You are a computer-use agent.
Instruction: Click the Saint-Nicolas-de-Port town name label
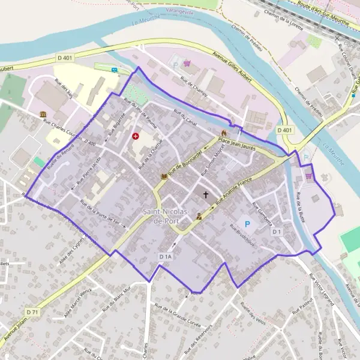pos(167,217)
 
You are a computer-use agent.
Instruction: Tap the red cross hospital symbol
pos(135,136)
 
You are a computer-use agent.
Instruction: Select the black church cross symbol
pos(206,194)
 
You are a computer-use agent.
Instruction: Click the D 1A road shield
pos(166,256)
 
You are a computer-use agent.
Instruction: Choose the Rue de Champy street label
pos(190,86)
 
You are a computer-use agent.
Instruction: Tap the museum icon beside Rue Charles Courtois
pos(43,114)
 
